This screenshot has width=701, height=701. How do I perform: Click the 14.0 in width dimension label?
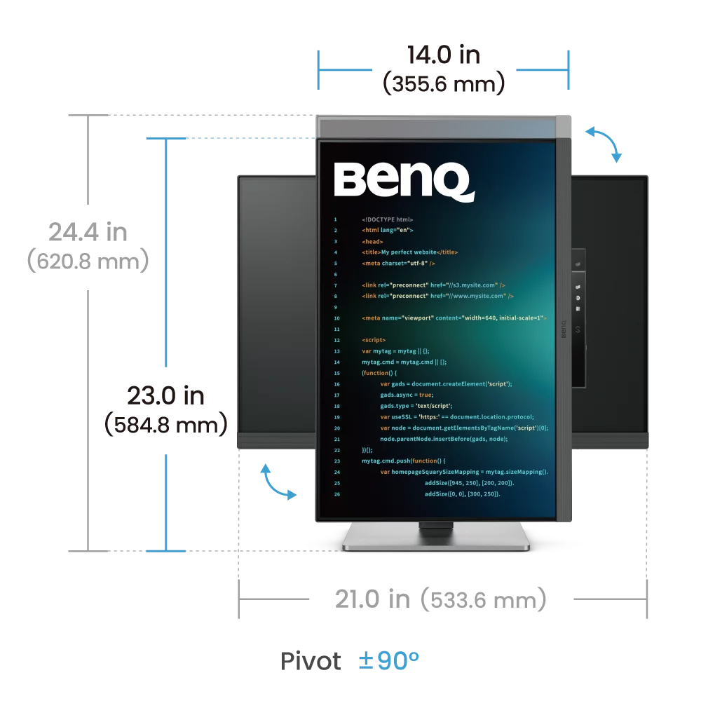coord(444,55)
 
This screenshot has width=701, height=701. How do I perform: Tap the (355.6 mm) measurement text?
coord(444,83)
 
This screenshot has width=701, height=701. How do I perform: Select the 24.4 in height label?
coord(88,232)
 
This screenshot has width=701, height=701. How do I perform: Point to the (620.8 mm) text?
coord(88,261)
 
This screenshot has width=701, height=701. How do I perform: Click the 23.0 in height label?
coord(166,395)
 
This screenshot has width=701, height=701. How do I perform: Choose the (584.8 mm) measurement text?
coord(166,424)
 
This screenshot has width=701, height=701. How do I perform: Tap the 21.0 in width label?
coord(372,599)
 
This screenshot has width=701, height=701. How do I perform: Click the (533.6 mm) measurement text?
coord(483,599)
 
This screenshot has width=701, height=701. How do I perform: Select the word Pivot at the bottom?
coord(311,661)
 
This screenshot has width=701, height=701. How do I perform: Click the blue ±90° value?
coord(389,660)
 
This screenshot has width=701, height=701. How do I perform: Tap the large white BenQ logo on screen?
coord(404,181)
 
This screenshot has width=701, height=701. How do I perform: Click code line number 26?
coord(337,494)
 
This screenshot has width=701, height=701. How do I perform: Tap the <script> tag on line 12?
coord(374,340)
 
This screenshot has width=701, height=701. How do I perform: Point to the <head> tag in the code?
coord(372,241)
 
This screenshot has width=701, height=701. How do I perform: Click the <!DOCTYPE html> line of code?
coord(387,219)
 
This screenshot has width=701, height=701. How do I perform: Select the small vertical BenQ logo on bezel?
coord(564,329)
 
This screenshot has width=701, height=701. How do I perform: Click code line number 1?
coord(335,219)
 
